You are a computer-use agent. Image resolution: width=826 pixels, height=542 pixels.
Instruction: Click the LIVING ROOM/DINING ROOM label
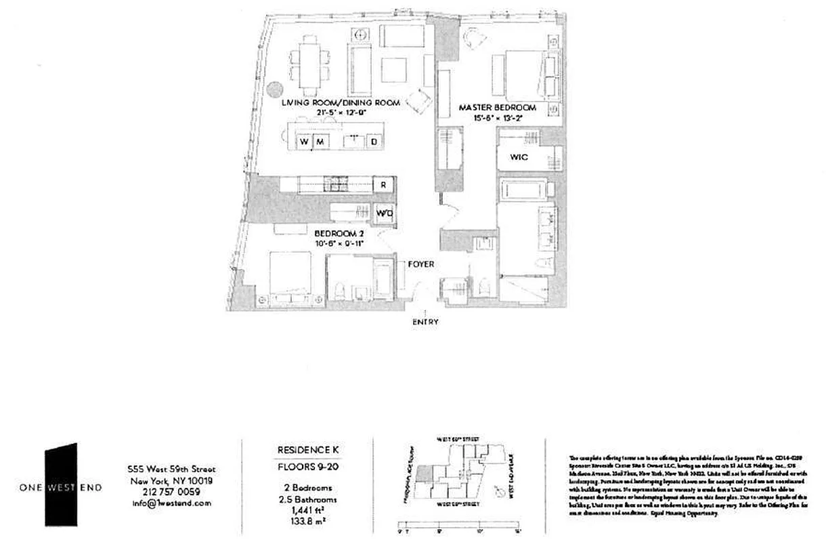click(x=341, y=103)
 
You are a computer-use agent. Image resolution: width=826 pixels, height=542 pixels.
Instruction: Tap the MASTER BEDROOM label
click(x=498, y=108)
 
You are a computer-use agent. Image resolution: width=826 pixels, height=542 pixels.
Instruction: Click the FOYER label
click(x=420, y=264)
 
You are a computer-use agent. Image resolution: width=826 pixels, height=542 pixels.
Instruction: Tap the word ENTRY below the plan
click(x=425, y=322)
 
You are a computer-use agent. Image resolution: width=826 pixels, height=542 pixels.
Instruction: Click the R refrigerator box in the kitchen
click(x=383, y=184)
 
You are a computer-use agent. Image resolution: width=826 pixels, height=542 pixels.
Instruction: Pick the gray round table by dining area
click(x=274, y=89)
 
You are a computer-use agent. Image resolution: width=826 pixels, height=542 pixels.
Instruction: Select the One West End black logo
click(x=60, y=486)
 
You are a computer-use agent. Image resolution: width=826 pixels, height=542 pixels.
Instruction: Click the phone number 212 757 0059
click(x=170, y=493)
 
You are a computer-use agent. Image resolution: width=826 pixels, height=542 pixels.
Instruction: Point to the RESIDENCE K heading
click(x=307, y=450)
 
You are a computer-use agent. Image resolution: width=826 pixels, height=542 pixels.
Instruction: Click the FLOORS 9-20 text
click(x=307, y=467)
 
